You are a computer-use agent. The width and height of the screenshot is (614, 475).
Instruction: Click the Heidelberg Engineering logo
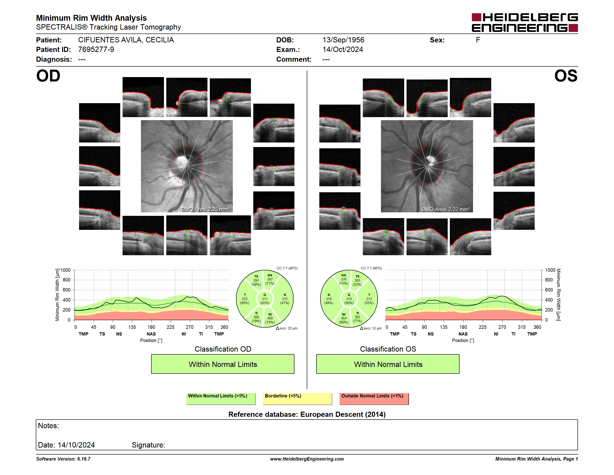(525, 23)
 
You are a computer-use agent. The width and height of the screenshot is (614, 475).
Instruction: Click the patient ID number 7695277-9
(96, 50)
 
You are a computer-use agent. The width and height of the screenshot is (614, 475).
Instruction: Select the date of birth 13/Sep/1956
(343, 40)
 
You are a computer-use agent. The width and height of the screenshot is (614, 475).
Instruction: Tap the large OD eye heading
(48, 76)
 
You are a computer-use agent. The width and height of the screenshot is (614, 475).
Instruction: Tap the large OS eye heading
(566, 76)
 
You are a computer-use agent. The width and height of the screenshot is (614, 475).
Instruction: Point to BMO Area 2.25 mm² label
(206, 209)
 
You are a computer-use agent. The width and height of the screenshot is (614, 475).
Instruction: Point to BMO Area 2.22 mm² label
(446, 209)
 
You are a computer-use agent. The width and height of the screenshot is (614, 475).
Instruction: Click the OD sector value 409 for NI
(270, 318)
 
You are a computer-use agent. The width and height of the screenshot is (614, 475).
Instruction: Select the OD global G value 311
(264, 299)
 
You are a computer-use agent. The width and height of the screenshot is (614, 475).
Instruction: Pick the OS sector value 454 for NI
(344, 318)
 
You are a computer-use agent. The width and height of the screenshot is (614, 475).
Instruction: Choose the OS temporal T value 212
(369, 299)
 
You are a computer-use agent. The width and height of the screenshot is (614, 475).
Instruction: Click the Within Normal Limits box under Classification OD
(223, 364)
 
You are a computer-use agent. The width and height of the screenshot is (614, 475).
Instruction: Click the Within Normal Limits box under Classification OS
(388, 364)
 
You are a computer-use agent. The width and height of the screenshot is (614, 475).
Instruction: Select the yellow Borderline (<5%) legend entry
(297, 399)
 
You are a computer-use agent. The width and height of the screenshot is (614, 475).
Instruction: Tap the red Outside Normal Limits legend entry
(374, 399)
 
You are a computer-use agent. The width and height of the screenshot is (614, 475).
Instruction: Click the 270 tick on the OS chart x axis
(502, 327)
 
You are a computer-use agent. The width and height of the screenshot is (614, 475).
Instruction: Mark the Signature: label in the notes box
(148, 445)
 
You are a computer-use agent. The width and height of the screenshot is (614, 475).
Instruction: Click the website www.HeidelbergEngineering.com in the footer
(307, 459)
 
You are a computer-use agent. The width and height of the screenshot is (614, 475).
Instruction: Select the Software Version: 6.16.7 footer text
(63, 459)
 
